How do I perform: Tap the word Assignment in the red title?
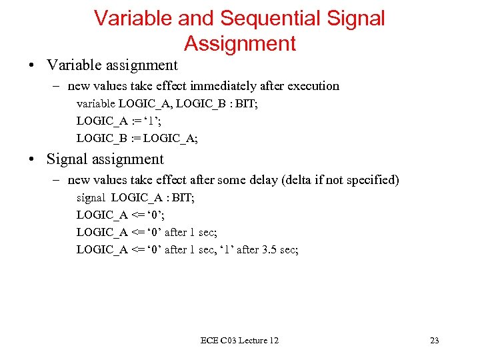point(239,43)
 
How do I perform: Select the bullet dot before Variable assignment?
point(31,65)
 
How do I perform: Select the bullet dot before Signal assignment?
point(31,159)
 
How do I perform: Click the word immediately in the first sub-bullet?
point(219,86)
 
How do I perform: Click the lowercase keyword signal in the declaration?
point(91,198)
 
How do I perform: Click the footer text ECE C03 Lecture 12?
point(239,341)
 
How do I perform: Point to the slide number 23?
point(434,341)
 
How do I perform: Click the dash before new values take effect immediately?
point(58,86)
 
